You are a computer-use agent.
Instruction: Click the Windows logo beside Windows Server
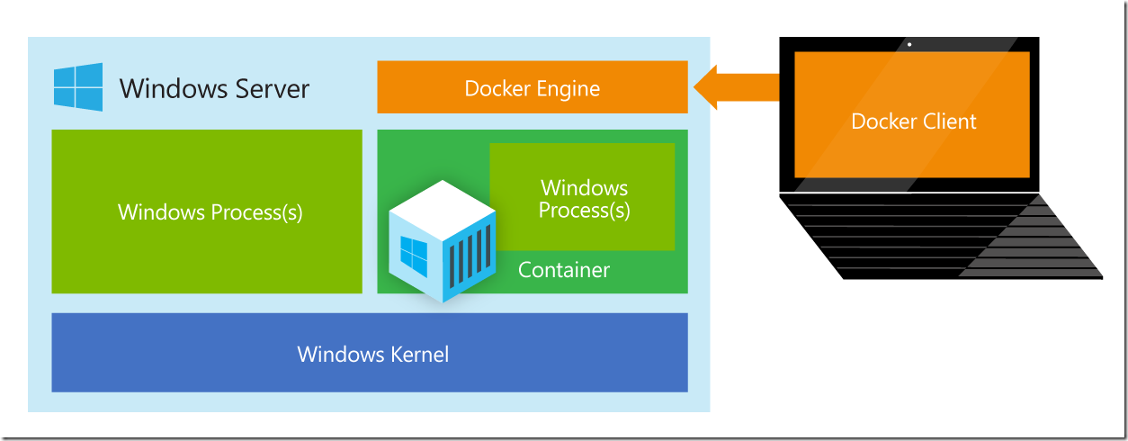pyautogui.click(x=78, y=87)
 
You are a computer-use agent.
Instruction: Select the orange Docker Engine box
pyautogui.click(x=532, y=87)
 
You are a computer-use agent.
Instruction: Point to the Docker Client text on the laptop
pyautogui.click(x=913, y=121)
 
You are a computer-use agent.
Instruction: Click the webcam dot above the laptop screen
pyautogui.click(x=909, y=44)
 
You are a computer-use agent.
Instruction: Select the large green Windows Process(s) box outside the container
pyautogui.click(x=207, y=211)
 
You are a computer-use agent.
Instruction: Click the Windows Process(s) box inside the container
pyautogui.click(x=584, y=199)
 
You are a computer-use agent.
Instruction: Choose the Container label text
pyautogui.click(x=564, y=270)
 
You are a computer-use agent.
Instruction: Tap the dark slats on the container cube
pyautogui.click(x=470, y=256)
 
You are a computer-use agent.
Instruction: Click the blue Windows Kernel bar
pyautogui.click(x=370, y=353)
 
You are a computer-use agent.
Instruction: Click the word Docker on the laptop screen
pyautogui.click(x=880, y=121)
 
